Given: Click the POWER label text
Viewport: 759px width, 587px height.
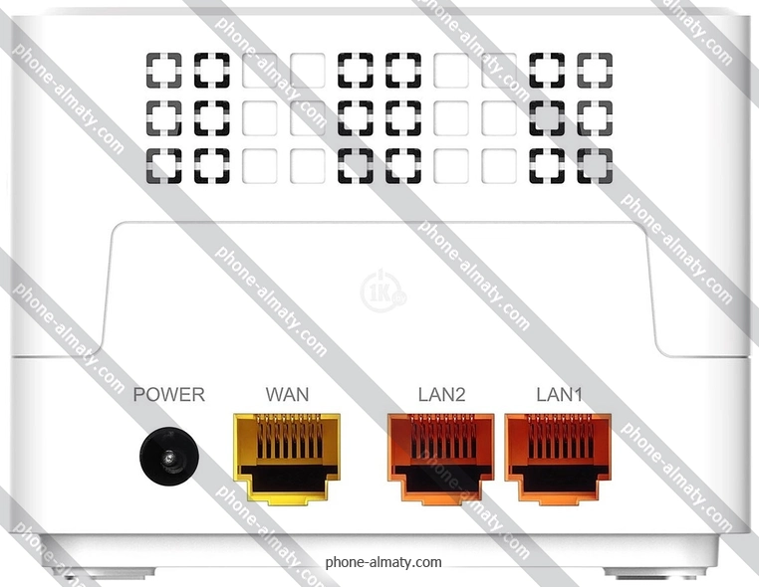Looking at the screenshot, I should [x=169, y=395].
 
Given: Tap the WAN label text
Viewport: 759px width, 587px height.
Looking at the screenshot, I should [x=287, y=395].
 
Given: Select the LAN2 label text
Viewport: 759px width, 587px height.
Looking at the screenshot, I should [x=441, y=395].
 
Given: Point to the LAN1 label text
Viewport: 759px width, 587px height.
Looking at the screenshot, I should [x=559, y=395].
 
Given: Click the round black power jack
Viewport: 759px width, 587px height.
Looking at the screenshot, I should [x=168, y=458].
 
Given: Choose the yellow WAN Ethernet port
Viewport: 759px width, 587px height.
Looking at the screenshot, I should [x=286, y=459].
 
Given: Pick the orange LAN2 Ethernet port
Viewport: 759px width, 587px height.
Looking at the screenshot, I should [x=441, y=459].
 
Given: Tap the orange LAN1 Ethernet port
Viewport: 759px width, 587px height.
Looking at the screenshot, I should [x=559, y=459].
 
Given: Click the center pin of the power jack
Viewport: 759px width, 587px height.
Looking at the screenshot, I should [x=168, y=459].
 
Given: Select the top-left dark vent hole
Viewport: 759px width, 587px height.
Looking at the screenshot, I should [x=163, y=70].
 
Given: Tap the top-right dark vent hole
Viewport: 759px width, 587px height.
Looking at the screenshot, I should [x=596, y=70].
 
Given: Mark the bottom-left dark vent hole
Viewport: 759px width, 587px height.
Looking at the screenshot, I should [x=163, y=165].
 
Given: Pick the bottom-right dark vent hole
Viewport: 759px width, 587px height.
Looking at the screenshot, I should [x=596, y=165].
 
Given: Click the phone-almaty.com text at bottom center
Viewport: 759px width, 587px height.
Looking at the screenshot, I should [x=383, y=562].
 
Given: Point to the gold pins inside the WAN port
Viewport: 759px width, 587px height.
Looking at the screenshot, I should [x=287, y=438].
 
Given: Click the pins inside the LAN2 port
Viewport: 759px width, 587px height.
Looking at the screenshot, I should [x=441, y=438].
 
